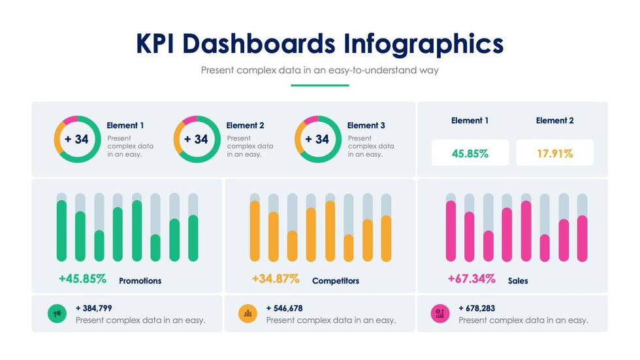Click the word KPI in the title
[157, 44]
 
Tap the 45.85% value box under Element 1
[470, 154]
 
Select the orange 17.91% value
[554, 154]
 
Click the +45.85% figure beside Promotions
[82, 279]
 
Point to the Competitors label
[336, 281]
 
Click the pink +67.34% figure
[472, 279]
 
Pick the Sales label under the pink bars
[518, 281]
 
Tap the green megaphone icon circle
[57, 314]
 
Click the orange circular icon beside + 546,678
[248, 314]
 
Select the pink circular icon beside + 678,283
[440, 314]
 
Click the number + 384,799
[94, 308]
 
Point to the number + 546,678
[285, 308]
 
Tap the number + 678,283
[477, 308]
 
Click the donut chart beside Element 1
[77, 139]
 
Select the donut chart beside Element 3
[318, 139]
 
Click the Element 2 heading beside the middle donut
[246, 125]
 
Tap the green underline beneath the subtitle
[320, 85]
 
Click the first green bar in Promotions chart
[61, 231]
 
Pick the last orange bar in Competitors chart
[386, 238]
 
